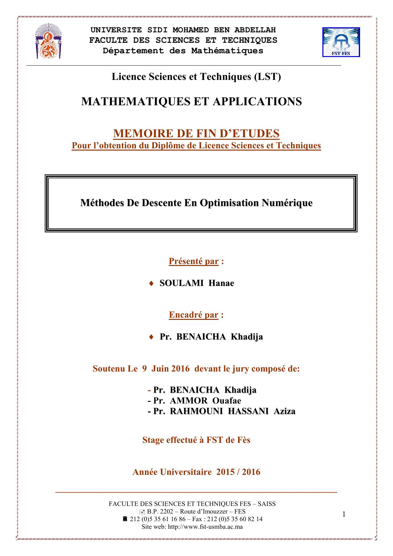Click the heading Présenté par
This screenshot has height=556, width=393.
193,261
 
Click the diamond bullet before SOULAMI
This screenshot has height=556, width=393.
151,283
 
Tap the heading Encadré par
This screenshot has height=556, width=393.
193,315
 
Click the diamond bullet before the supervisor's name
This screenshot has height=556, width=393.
151,337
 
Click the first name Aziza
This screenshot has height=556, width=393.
284,411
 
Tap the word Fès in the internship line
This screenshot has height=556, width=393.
243,440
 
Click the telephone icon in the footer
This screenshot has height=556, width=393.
125,519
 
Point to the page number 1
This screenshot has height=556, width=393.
344,514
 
